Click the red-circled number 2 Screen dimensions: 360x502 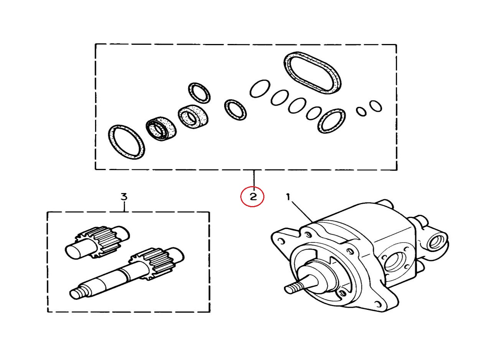coord(253,197)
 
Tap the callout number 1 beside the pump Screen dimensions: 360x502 coord(288,197)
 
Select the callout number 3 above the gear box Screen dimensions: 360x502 coord(124,197)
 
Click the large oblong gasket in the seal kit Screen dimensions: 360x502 coord(312,73)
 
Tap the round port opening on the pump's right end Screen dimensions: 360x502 coord(436,242)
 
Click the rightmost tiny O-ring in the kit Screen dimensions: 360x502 coord(376,106)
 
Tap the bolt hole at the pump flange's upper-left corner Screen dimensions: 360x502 coord(282,241)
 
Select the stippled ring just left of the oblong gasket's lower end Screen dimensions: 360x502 coord(332,121)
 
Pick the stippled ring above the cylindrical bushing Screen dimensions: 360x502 coord(200,93)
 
